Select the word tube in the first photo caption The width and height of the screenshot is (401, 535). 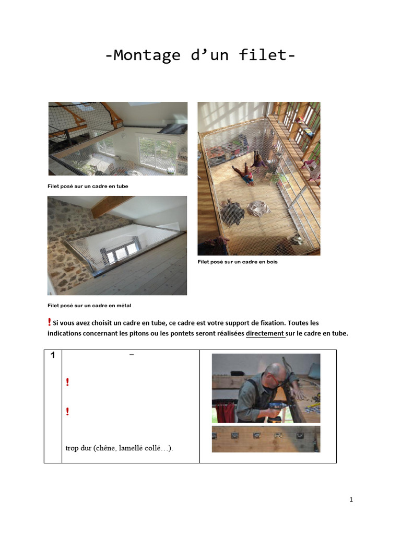point(121,186)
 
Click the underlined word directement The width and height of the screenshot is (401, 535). point(265,333)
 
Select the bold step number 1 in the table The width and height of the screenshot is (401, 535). point(53,355)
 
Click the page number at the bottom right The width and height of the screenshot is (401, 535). point(351,499)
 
